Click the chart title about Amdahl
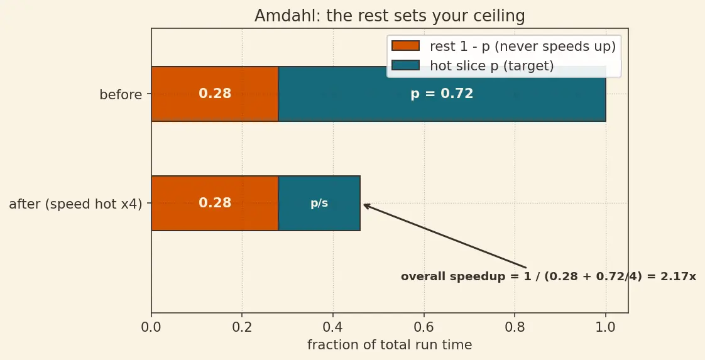click(390, 16)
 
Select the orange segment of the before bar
click(215, 94)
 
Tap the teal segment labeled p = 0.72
click(442, 94)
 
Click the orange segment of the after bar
click(215, 203)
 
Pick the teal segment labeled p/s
click(319, 203)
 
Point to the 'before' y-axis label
click(121, 95)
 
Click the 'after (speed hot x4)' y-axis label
click(75, 204)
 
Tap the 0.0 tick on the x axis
click(151, 327)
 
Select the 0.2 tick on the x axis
click(242, 327)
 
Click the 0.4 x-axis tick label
click(333, 327)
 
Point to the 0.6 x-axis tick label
click(424, 327)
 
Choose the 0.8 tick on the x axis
click(515, 327)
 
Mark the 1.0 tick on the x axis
click(606, 327)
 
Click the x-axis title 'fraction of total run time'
click(390, 345)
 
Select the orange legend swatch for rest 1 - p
click(405, 46)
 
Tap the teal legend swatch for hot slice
click(405, 65)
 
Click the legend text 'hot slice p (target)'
click(492, 65)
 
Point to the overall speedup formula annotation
click(549, 276)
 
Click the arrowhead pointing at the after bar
click(366, 206)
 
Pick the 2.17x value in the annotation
click(678, 276)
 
